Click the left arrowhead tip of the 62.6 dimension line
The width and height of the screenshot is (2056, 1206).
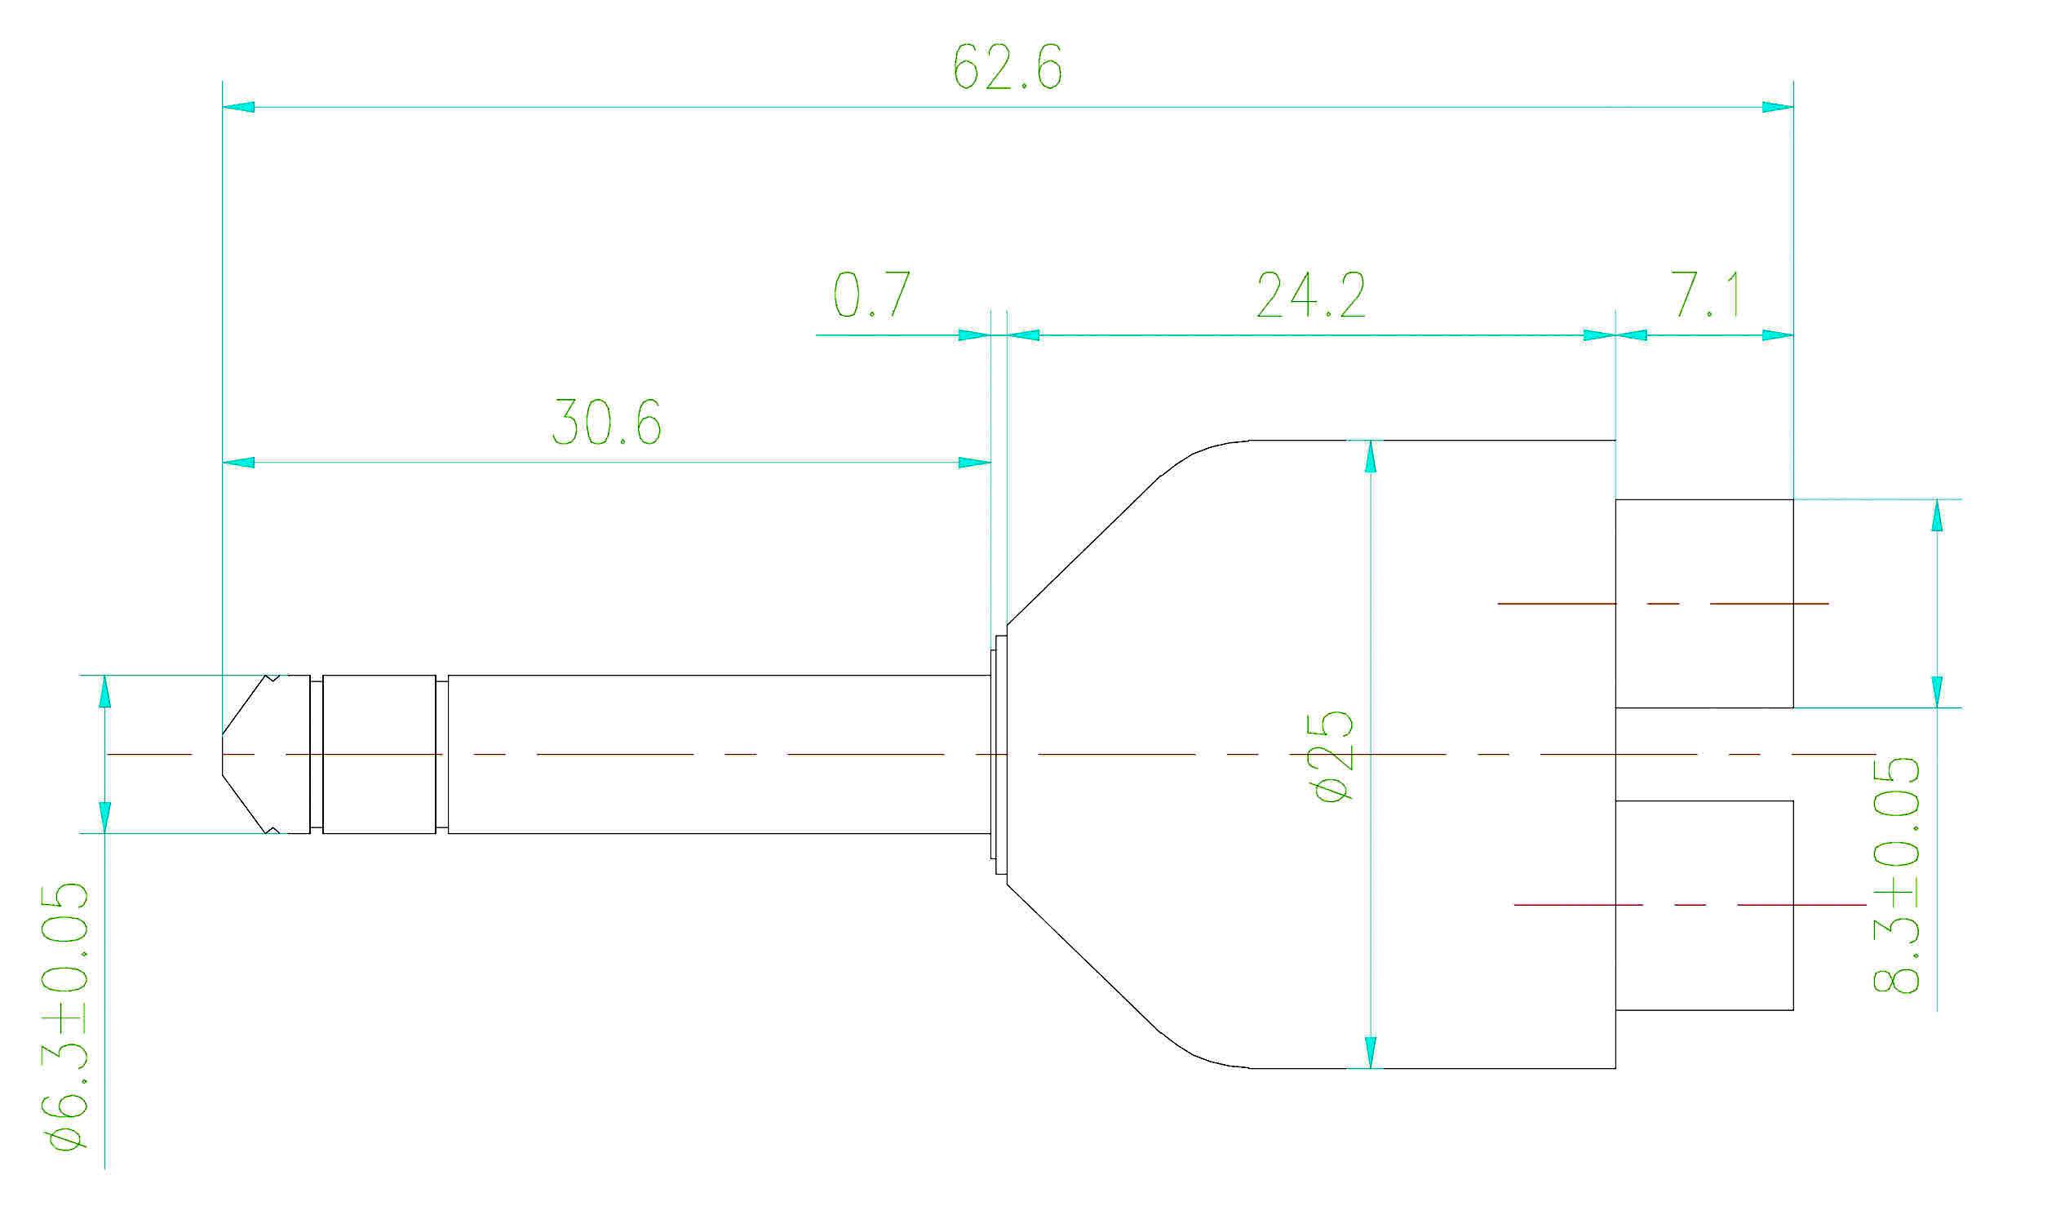[224, 107]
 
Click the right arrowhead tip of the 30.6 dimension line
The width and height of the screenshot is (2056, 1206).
[990, 463]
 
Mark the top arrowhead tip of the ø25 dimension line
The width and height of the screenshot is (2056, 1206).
[1370, 441]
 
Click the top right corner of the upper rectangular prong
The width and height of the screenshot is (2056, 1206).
[1793, 499]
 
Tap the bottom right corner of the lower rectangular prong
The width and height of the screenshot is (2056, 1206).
[1793, 1010]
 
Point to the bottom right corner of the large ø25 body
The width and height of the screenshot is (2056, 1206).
[1616, 1068]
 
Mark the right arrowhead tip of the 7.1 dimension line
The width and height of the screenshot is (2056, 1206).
[1793, 335]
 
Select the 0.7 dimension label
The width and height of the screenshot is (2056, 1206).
[871, 295]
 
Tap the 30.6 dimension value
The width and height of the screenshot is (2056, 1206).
[606, 422]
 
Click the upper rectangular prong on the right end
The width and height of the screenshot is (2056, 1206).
[1704, 603]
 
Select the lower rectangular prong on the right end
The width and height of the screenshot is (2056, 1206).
[1704, 906]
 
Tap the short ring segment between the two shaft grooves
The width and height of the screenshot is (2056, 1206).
[379, 755]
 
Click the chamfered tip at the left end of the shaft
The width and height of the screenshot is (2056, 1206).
[250, 755]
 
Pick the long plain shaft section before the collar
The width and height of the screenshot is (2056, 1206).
[719, 755]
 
